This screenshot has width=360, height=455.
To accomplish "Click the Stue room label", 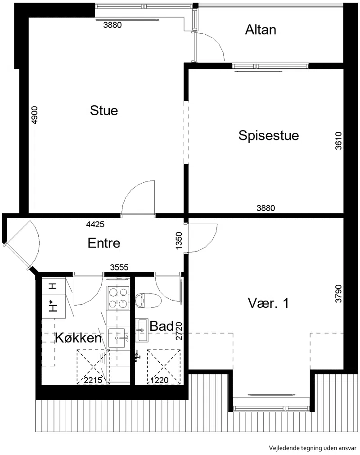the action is tap(104, 111).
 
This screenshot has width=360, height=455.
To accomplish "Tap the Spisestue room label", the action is tap(269, 135).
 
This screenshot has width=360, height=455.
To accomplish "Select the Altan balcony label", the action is tap(261, 30).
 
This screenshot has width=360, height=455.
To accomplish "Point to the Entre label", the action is tap(104, 243).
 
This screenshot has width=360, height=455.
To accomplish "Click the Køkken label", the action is tap(78, 338).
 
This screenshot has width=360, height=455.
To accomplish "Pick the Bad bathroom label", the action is tap(162, 326).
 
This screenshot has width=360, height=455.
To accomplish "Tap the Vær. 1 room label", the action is tap(268, 303).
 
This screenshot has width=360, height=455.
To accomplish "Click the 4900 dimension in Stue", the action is tap(34, 115).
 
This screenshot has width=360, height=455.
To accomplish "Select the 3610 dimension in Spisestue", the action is tap(338, 141).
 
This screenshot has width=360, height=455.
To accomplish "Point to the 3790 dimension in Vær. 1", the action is tap(338, 294).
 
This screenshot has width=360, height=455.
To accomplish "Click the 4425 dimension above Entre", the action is tap(95, 224).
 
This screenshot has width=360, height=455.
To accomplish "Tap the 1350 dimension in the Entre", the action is tap(179, 240).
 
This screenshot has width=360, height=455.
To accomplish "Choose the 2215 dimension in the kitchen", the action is tap(93, 380).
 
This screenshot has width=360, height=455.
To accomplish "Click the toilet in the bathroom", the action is tap(148, 301).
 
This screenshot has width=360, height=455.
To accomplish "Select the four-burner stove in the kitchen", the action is tap(118, 297).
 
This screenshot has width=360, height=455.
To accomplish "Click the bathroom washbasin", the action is tap(142, 330).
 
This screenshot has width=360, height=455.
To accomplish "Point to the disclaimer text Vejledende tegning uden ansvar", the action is tap(312, 448).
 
